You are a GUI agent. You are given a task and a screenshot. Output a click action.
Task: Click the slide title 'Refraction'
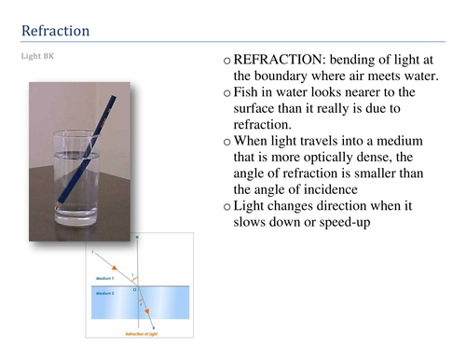point(55,31)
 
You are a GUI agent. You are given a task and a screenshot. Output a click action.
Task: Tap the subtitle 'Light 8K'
point(38,54)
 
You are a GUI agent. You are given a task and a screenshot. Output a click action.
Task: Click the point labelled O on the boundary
point(136,290)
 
